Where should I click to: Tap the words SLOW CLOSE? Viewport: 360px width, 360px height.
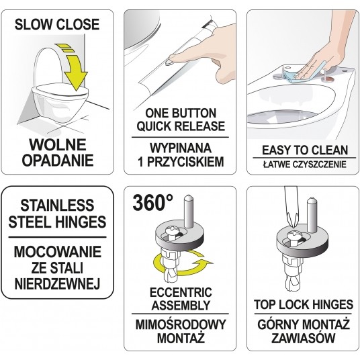(57, 24)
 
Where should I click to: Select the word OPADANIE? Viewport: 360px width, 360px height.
(58, 161)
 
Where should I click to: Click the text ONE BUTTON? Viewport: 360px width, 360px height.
(181, 113)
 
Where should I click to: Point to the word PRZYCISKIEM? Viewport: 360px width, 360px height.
(185, 162)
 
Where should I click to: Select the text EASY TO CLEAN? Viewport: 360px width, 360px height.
(305, 150)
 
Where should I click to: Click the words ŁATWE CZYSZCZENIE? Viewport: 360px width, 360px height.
(305, 165)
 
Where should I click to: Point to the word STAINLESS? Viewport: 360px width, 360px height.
(57, 206)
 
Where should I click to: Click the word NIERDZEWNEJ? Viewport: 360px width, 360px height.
(57, 284)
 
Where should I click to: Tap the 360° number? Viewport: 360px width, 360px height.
(152, 203)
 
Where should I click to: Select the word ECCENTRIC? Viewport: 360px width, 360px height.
(181, 293)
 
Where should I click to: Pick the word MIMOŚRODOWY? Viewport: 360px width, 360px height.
(181, 325)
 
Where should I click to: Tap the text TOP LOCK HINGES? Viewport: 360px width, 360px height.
(304, 305)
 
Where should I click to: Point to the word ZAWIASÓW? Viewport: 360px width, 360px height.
(304, 338)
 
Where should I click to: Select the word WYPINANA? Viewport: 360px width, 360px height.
(181, 148)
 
